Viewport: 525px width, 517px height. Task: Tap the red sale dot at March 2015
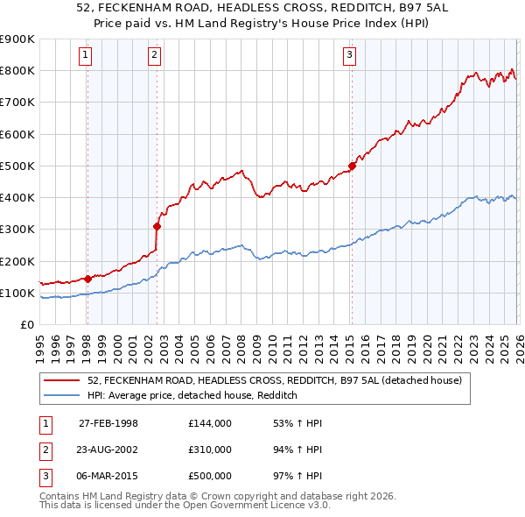[352, 166]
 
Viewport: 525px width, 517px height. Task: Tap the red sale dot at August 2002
[157, 226]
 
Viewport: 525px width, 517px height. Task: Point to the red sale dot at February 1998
[87, 279]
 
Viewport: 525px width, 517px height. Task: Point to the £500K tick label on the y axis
[17, 166]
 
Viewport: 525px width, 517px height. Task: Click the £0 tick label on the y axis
[25, 324]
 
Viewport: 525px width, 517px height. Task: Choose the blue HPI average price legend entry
[192, 395]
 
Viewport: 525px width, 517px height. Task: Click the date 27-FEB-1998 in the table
[108, 423]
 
